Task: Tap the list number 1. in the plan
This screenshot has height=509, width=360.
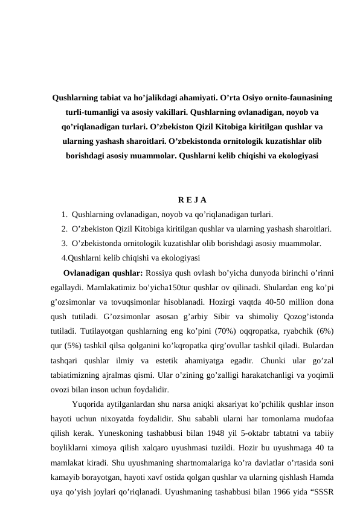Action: pos(64,214)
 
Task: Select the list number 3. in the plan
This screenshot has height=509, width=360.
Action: pos(64,243)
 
